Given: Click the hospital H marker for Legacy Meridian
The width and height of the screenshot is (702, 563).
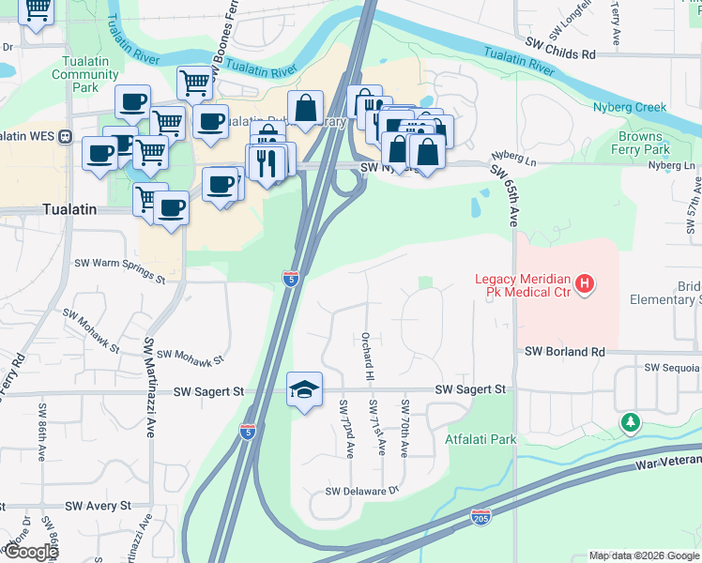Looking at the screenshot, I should click(x=585, y=282).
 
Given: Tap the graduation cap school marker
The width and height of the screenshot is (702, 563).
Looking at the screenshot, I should click(x=304, y=388).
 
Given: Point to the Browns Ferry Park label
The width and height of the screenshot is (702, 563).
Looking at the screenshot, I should click(x=641, y=144).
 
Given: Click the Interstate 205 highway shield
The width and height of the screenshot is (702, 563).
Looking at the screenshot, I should click(x=480, y=516).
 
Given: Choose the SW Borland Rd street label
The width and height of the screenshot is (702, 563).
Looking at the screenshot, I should click(x=563, y=352).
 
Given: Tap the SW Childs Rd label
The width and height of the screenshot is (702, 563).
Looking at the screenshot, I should click(x=561, y=55).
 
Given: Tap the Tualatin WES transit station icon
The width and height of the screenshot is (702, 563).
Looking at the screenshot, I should click(x=66, y=136).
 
